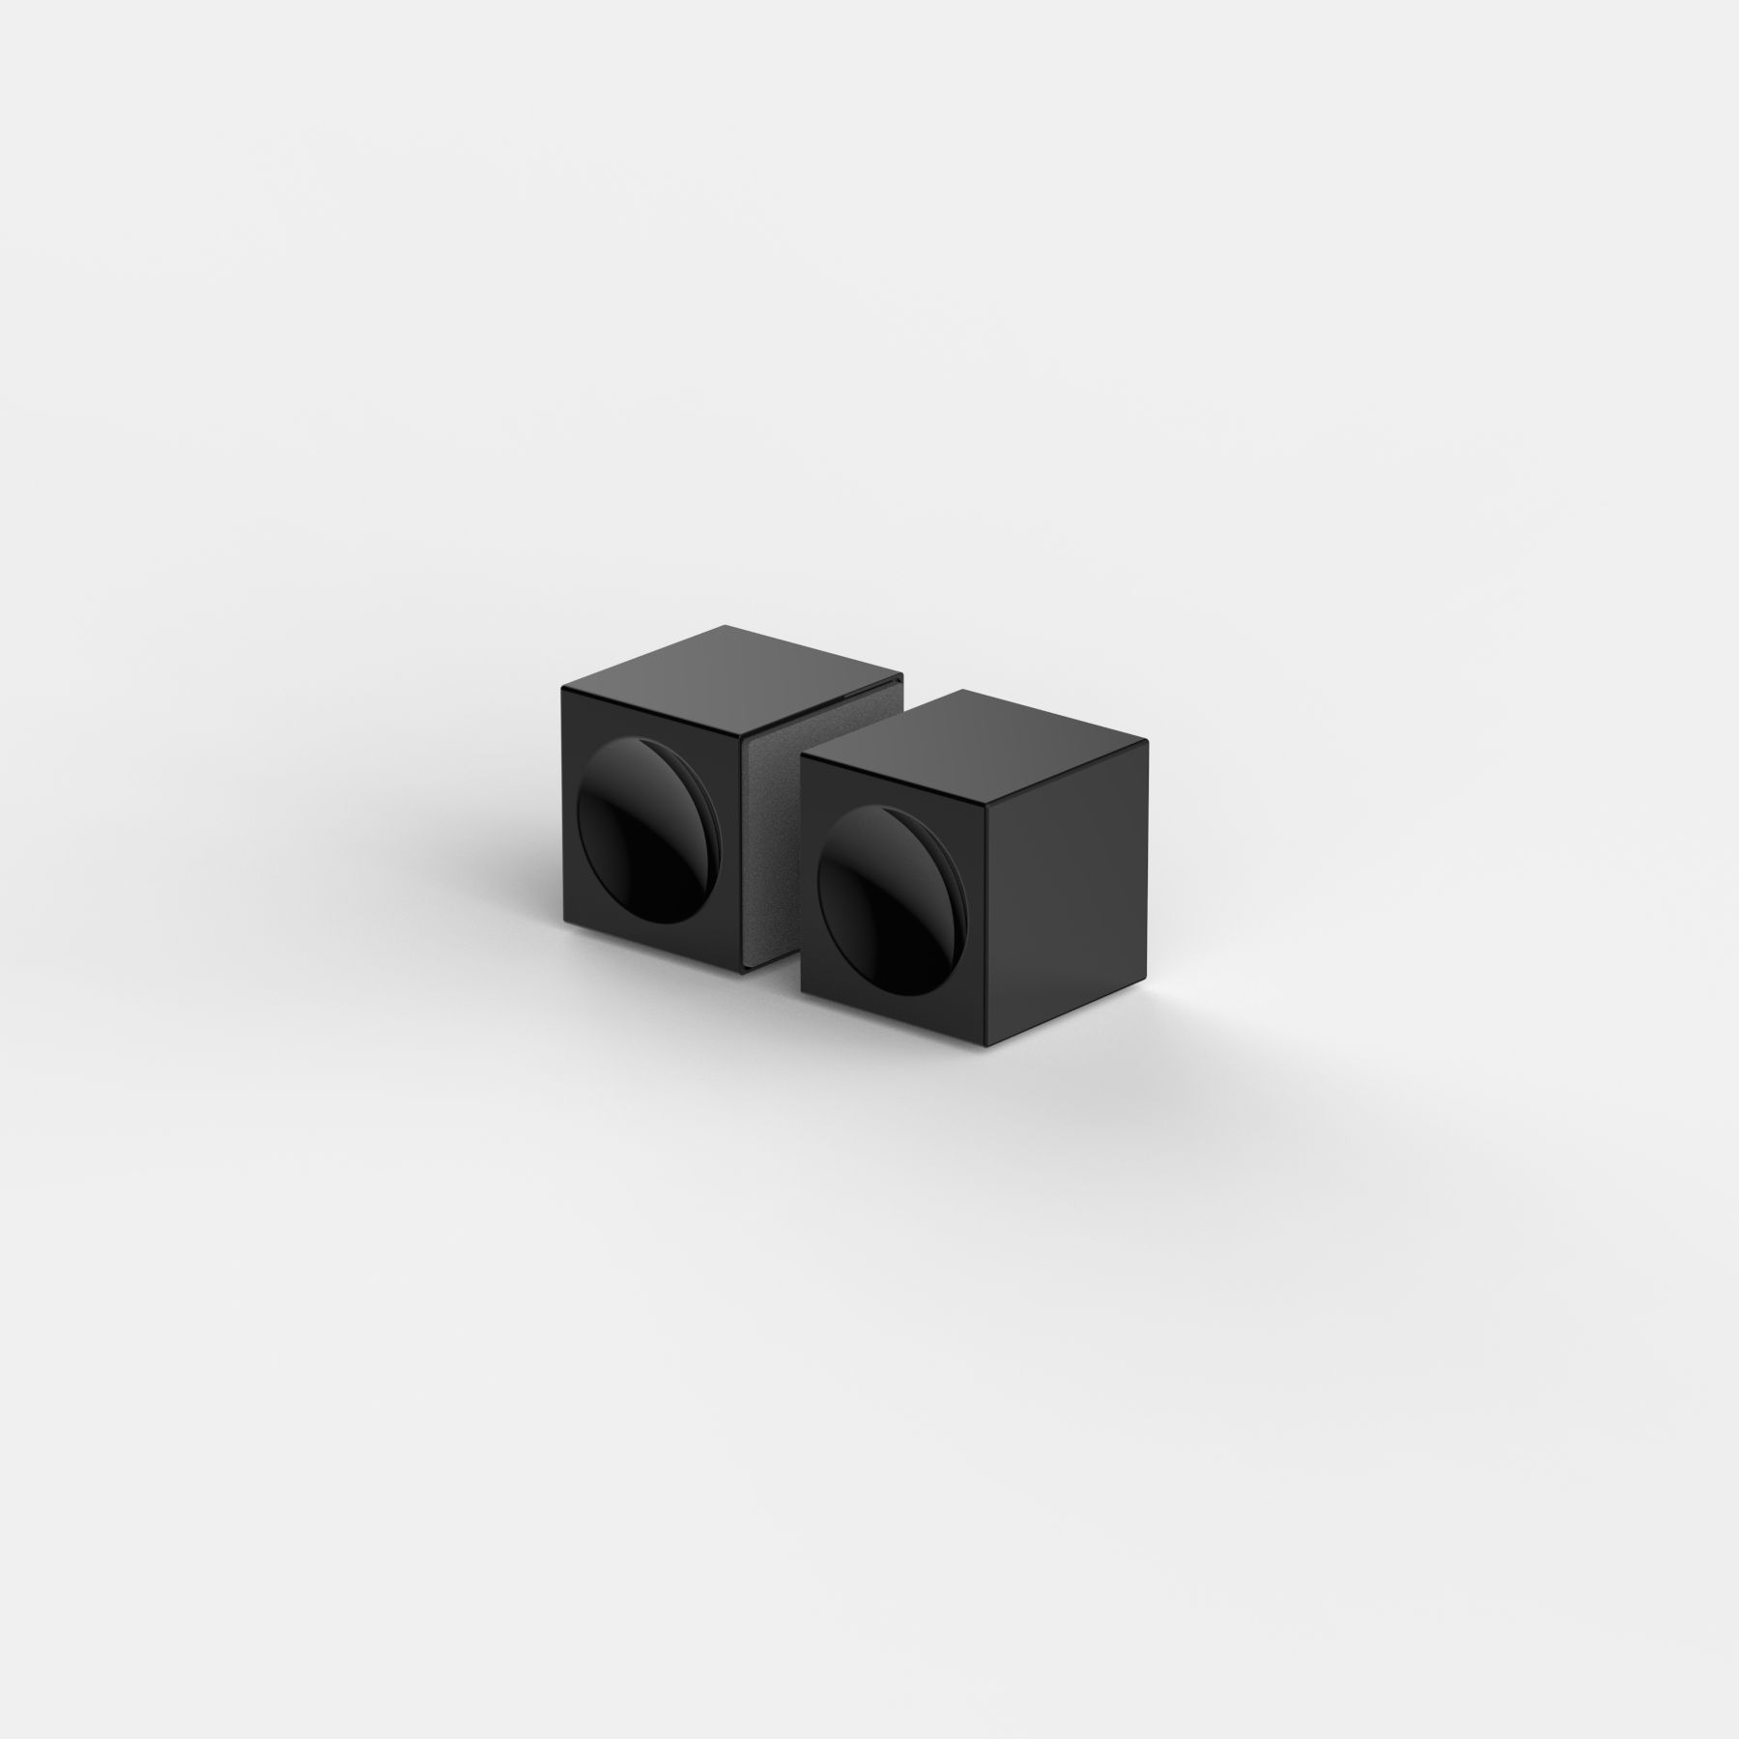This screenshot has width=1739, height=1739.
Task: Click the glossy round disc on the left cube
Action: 641,819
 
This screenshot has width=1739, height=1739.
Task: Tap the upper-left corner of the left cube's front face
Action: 562,687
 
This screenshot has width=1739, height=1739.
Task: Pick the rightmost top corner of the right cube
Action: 1148,742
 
